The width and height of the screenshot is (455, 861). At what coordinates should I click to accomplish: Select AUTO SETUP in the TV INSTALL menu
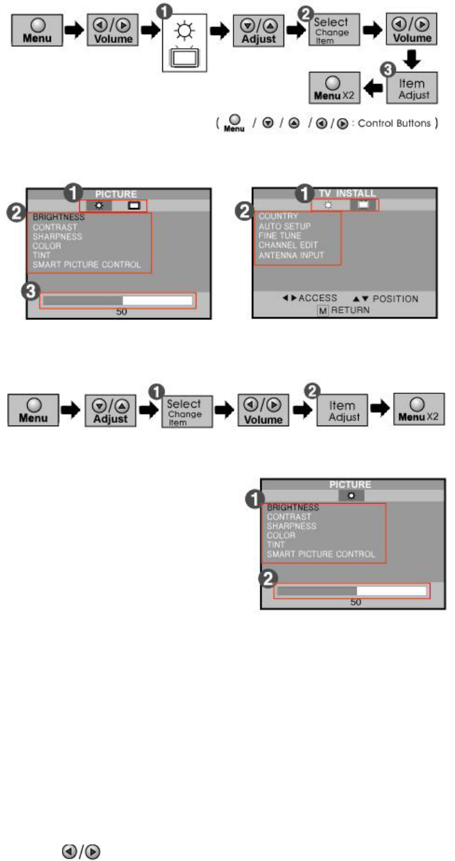[x=285, y=226]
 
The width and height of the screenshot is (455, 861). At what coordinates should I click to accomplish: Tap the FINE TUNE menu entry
[x=280, y=236]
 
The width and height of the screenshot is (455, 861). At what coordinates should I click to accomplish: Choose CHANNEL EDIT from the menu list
[x=289, y=245]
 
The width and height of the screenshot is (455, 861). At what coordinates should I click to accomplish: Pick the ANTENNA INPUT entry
[x=291, y=255]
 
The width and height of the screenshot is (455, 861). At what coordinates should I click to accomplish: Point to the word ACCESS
[x=318, y=299]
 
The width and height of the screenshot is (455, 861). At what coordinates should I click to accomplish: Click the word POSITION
[x=396, y=299]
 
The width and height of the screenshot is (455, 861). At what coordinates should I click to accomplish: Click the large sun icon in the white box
[x=185, y=30]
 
